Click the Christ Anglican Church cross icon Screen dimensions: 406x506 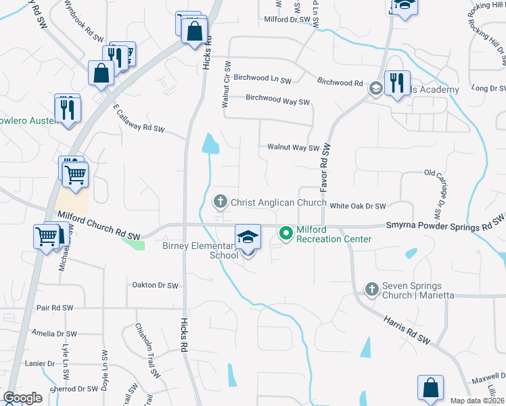click(220, 201)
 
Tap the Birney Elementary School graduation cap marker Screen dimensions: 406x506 click(248, 237)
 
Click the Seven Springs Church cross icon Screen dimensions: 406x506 click(371, 290)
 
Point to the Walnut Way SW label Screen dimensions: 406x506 click(293, 147)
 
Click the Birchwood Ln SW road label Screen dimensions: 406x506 click(262, 78)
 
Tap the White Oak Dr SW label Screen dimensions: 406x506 click(358, 206)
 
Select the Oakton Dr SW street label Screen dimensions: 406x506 click(155, 286)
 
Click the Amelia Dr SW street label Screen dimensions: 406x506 click(54, 334)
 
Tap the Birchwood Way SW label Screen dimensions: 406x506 click(277, 99)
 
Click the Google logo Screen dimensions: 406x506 click(22, 398)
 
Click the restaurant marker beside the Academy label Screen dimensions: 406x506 click(397, 84)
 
